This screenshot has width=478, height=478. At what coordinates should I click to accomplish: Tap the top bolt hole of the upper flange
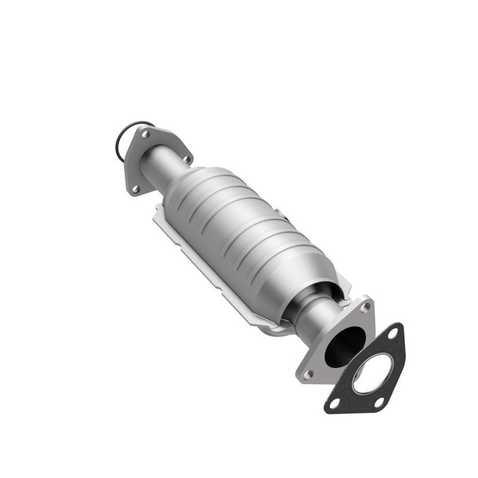click(x=145, y=135)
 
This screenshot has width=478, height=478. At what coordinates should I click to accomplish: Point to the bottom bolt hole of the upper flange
click(x=135, y=188)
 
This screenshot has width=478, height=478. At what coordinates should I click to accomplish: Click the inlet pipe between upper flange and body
click(x=161, y=167)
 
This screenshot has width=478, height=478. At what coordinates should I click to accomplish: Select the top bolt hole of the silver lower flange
click(x=365, y=307)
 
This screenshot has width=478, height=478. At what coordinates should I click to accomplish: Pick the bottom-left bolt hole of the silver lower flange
click(x=308, y=374)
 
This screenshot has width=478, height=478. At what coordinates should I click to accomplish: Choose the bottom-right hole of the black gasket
click(x=380, y=402)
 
